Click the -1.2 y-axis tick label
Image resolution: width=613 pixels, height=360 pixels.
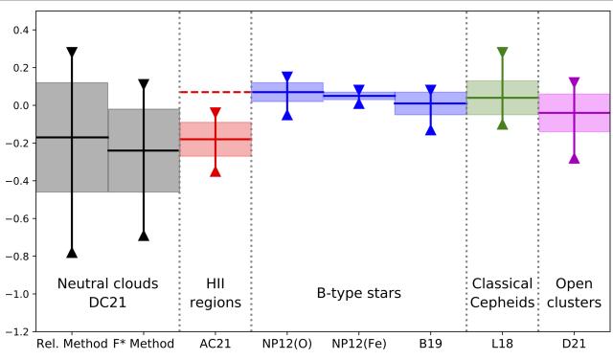pyautogui.click(x=17, y=332)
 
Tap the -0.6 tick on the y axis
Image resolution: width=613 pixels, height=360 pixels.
pyautogui.click(x=17, y=218)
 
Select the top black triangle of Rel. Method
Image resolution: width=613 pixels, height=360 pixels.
pyautogui.click(x=72, y=52)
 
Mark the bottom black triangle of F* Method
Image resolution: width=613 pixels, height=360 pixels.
pyautogui.click(x=144, y=236)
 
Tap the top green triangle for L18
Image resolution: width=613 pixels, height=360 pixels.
pyautogui.click(x=503, y=52)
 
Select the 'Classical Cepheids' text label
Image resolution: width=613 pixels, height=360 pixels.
pyautogui.click(x=503, y=293)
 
